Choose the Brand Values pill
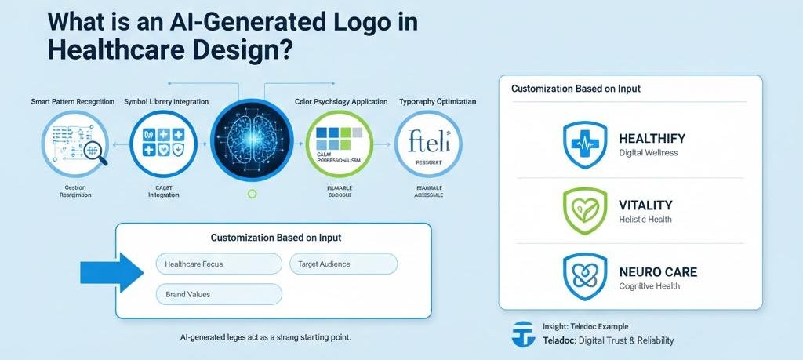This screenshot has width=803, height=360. (218, 294)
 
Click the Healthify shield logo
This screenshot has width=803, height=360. (585, 144)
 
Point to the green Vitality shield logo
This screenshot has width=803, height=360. (585, 209)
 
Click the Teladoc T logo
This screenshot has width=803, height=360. (521, 333)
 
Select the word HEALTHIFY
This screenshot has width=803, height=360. (652, 138)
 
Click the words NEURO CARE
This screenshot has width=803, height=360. (657, 272)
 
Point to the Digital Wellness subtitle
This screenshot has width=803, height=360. (648, 153)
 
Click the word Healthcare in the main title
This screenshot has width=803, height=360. (113, 50)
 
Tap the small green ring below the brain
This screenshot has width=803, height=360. (251, 193)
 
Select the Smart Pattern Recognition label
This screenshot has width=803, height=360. (73, 102)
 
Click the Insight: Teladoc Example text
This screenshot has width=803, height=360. (585, 326)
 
